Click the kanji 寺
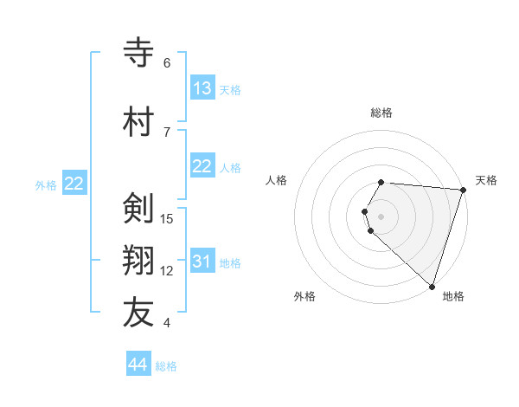[139, 53]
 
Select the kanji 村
[139, 121]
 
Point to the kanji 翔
[139, 261]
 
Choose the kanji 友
[139, 313]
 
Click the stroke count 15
[167, 218]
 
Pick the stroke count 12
[167, 271]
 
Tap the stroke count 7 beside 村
[167, 132]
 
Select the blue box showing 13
[202, 88]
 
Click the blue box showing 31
[202, 262]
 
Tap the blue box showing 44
[138, 365]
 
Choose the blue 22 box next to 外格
[74, 184]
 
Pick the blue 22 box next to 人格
[202, 166]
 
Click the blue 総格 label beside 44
[166, 366]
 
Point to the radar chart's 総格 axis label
[381, 113]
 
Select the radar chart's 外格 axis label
[304, 296]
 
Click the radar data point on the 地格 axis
[432, 286]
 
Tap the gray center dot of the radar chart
[381, 215]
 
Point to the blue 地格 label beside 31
[231, 262]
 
